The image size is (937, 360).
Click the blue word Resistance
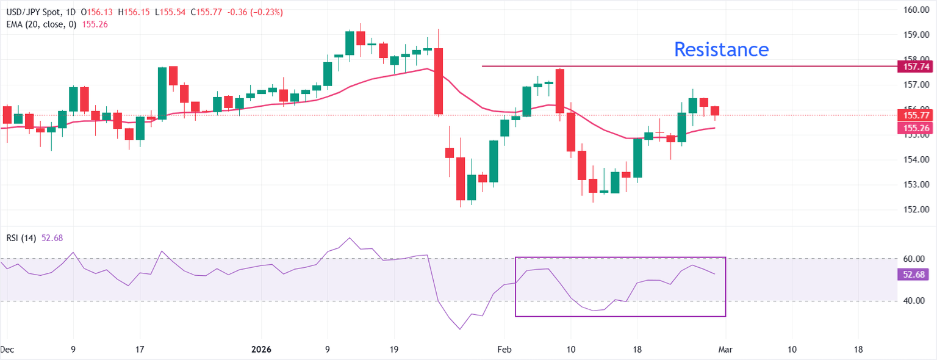point(720,49)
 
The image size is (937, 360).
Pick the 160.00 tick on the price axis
point(914,10)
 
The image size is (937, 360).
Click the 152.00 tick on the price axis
point(914,209)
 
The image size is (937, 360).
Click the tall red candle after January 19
point(438,81)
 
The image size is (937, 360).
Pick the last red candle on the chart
point(715,110)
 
